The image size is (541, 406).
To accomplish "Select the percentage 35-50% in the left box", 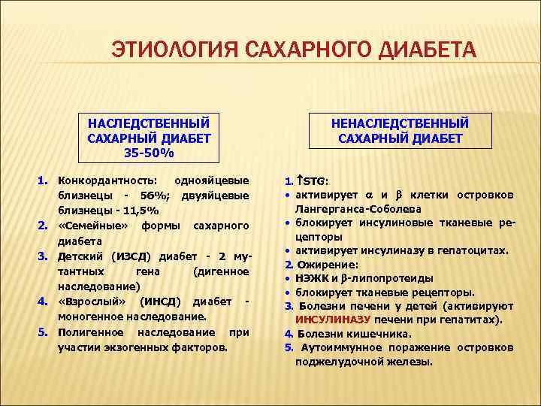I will [x=149, y=153].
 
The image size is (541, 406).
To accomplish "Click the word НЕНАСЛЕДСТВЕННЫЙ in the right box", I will [x=400, y=123].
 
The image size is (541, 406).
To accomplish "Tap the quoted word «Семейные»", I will [x=92, y=226].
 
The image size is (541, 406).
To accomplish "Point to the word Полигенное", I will [x=92, y=332].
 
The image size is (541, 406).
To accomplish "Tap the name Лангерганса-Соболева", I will [x=358, y=208].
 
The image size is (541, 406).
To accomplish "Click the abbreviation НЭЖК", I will [x=310, y=278].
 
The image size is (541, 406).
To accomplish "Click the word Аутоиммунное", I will [x=340, y=347].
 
